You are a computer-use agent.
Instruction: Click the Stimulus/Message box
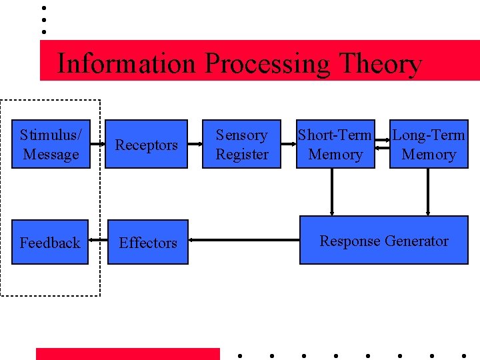[x=51, y=144]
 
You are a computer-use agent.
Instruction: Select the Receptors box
[x=147, y=144]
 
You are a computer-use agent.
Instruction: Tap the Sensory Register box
[x=242, y=144]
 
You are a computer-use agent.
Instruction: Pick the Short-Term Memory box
[x=335, y=144]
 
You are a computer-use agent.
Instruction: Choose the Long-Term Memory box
[x=428, y=144]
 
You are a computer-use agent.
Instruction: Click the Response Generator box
[x=384, y=241]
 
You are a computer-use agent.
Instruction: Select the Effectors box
[x=147, y=242]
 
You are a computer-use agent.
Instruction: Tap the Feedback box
[x=50, y=242]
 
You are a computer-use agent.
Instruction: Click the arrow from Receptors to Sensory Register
[x=195, y=143]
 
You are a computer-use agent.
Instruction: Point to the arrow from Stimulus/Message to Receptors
[x=97, y=143]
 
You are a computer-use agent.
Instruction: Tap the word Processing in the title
[x=267, y=64]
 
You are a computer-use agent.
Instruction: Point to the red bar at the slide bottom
[x=127, y=354]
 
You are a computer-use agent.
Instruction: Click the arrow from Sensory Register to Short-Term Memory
[x=289, y=143]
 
